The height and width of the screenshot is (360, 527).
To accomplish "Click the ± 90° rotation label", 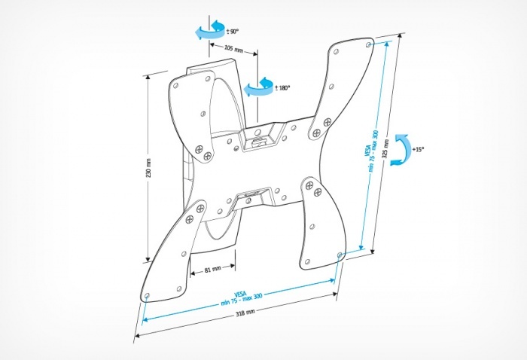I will tap(233, 32).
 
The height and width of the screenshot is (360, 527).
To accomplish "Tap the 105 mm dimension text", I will tap(233, 50).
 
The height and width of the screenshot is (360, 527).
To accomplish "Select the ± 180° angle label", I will tap(283, 87).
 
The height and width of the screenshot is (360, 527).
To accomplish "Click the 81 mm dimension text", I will tap(212, 269).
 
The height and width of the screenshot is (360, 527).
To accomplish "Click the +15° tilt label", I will tap(418, 149).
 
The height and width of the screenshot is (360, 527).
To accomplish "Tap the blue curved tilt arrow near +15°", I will tap(403, 148).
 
